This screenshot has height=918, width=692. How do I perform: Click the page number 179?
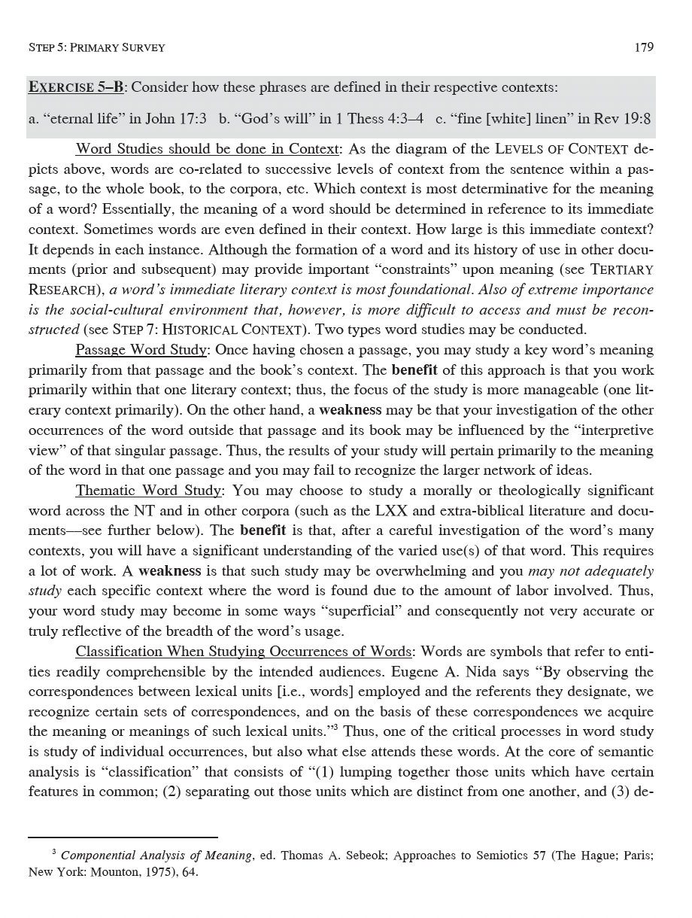644,47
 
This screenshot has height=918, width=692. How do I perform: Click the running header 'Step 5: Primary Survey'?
96,47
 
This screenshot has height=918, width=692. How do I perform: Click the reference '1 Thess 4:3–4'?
376,119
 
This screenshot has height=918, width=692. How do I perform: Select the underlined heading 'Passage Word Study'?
140,350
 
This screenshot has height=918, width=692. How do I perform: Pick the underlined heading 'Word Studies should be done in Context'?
208,148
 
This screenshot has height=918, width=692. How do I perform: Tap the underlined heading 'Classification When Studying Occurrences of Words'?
244,651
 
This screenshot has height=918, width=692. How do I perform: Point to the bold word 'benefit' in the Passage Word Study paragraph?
417,370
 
